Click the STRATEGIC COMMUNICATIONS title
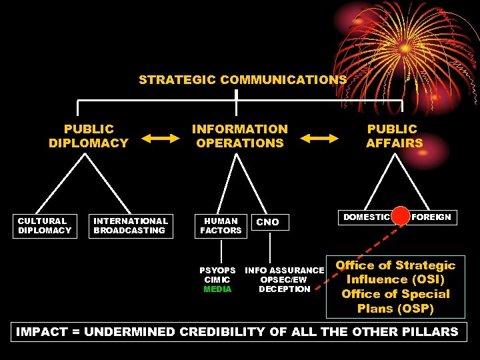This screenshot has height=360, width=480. pyautogui.click(x=242, y=80)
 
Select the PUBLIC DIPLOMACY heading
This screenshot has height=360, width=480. pyautogui.click(x=89, y=135)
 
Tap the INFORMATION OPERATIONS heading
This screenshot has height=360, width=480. pyautogui.click(x=240, y=135)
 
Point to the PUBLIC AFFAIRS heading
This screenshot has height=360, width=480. pyautogui.click(x=394, y=135)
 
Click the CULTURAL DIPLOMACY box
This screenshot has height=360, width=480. pyautogui.click(x=45, y=225)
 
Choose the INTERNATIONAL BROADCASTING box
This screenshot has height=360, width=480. pyautogui.click(x=131, y=225)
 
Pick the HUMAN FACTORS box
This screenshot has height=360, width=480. pyautogui.click(x=221, y=225)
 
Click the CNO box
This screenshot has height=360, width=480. pyautogui.click(x=268, y=222)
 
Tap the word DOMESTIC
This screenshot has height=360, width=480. pyautogui.click(x=366, y=217)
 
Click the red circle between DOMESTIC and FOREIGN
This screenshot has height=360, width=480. pyautogui.click(x=401, y=216)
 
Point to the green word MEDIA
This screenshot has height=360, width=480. pyautogui.click(x=217, y=289)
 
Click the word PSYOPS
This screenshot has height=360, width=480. pyautogui.click(x=217, y=271)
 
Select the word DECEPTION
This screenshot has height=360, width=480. pyautogui.click(x=285, y=289)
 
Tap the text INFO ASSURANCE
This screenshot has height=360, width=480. pyautogui.click(x=285, y=271)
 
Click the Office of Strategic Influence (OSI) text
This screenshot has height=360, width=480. pyautogui.click(x=395, y=272)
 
